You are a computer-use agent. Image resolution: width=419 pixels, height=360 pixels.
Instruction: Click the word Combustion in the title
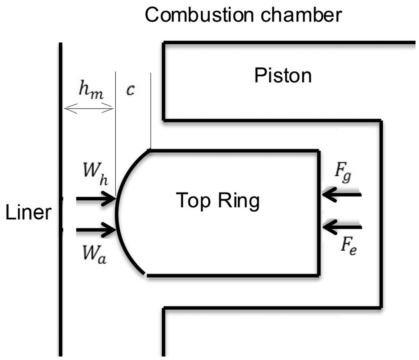199,15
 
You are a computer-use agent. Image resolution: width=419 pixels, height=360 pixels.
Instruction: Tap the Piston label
283,76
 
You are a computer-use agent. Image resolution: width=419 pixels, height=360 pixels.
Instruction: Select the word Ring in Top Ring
239,201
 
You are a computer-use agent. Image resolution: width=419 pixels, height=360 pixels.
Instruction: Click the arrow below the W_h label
96,199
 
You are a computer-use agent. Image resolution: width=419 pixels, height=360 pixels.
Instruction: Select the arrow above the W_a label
96,230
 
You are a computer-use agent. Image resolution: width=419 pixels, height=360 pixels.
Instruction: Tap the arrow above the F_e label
342,227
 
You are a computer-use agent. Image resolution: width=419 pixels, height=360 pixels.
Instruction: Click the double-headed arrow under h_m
89,108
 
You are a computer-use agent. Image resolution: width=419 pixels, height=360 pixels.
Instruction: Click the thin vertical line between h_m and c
116,134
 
